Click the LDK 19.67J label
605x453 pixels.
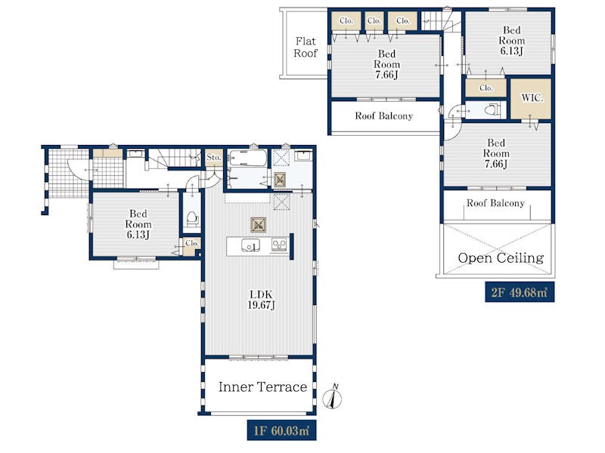coord(262,300)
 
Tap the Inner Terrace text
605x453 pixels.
coord(262,387)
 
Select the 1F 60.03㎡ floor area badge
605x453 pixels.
coord(281,430)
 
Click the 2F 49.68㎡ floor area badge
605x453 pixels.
coord(520,292)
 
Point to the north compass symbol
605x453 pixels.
coord(332,397)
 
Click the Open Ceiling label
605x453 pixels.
coord(501,257)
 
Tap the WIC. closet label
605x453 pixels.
coord(532,98)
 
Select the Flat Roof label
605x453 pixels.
coord(306,47)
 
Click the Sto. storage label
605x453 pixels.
coord(213,157)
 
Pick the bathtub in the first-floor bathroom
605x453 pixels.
coord(247,158)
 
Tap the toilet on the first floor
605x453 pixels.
coord(192,218)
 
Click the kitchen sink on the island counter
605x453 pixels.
coord(250,245)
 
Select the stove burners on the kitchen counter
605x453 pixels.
coord(279,245)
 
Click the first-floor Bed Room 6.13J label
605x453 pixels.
coord(138,223)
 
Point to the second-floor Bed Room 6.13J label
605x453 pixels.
coord(512,41)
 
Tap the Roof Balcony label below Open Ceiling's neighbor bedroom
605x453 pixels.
coord(495,203)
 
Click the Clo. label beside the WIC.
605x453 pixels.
coord(486,88)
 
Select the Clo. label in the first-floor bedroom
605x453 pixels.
coord(192,243)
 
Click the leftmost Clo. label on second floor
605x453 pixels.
coord(346,21)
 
